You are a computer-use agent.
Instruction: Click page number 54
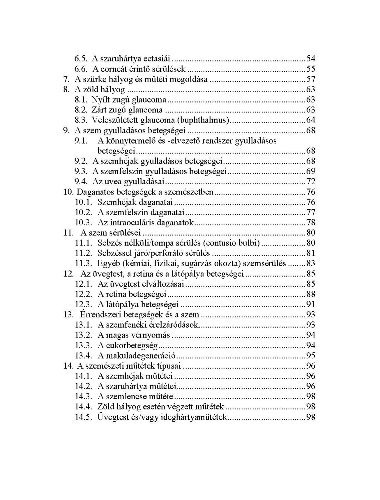(x=311, y=59)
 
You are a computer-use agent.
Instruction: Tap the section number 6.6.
(x=81, y=69)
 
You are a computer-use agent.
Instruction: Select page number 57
(x=311, y=79)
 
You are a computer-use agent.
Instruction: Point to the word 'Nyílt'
(x=101, y=100)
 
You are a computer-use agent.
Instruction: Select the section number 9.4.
(x=81, y=182)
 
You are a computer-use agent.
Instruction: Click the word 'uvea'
(x=114, y=182)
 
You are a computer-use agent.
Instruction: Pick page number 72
(x=311, y=182)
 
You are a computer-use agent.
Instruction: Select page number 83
(x=311, y=264)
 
